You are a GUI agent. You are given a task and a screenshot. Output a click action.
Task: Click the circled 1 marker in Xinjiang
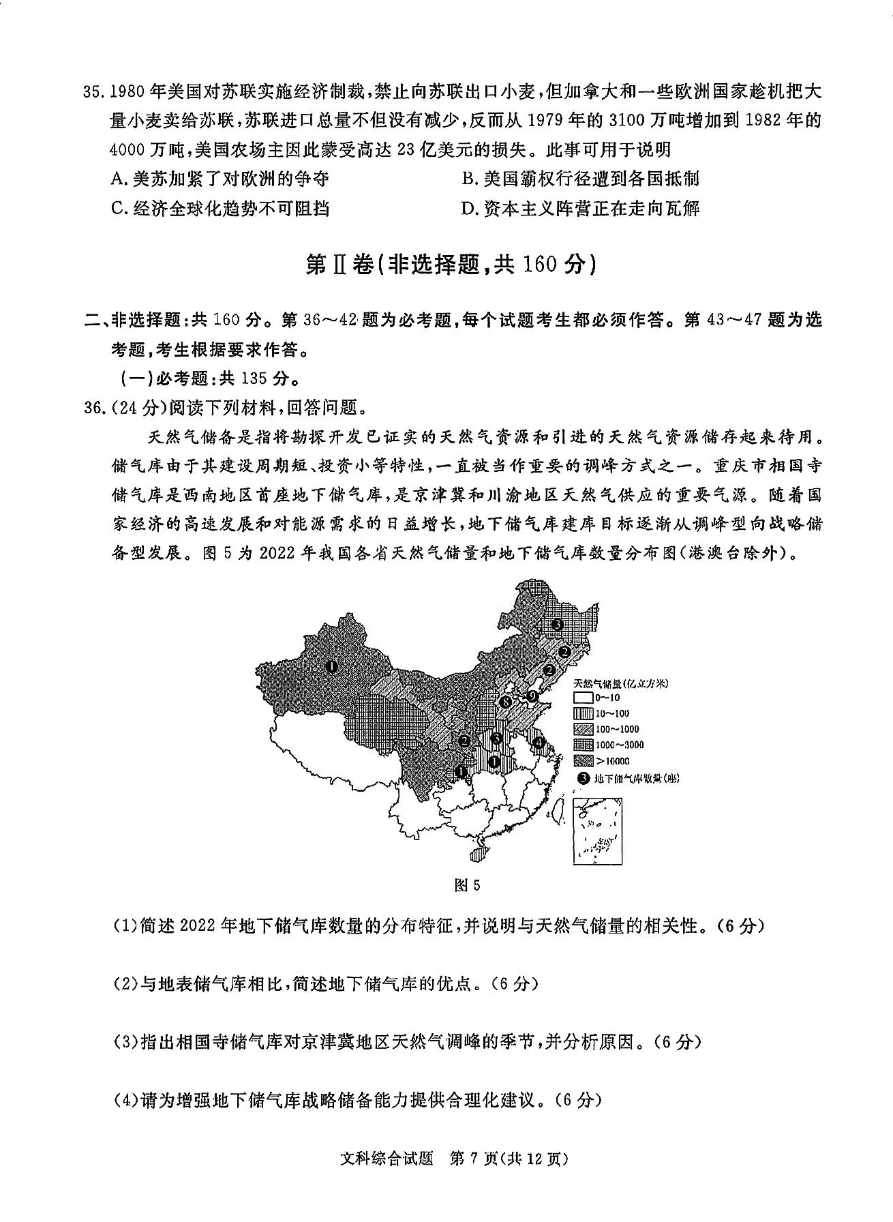pyautogui.click(x=331, y=666)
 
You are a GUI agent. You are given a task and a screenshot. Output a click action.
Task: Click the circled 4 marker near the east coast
pyautogui.click(x=539, y=742)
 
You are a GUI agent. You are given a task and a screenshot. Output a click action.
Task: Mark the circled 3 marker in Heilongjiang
pyautogui.click(x=557, y=624)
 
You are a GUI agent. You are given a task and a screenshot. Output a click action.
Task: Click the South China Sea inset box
pyautogui.click(x=598, y=831)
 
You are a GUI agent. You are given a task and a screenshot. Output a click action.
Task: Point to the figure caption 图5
pyautogui.click(x=467, y=885)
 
